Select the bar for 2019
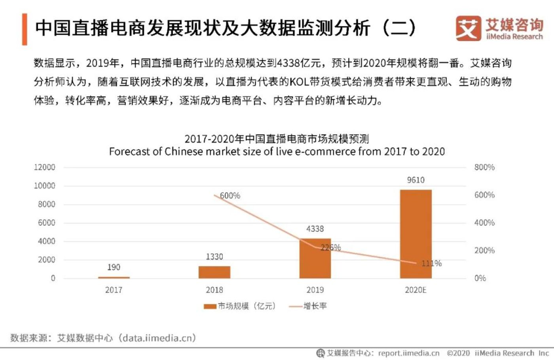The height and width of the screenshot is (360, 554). click(x=315, y=259)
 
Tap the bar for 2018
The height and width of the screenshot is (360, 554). click(x=214, y=272)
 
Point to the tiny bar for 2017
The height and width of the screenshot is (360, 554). click(x=114, y=277)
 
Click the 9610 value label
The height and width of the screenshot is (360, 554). click(x=415, y=180)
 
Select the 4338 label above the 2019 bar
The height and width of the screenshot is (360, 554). click(x=315, y=229)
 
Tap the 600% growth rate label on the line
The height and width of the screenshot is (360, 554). click(x=230, y=195)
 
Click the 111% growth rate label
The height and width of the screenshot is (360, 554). click(x=431, y=263)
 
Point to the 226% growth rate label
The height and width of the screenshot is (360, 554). click(x=330, y=247)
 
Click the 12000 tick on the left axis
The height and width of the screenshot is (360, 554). click(x=44, y=167)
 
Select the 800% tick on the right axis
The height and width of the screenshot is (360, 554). click(x=484, y=167)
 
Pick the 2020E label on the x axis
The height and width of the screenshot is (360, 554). click(x=415, y=290)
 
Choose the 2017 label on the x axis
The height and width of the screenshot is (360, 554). click(x=114, y=290)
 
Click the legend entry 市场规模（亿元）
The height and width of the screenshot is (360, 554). click(x=240, y=306)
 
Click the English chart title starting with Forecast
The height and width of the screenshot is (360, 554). click(x=277, y=152)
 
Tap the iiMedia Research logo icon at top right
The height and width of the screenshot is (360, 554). click(x=468, y=28)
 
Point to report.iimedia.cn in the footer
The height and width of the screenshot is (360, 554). click(x=408, y=353)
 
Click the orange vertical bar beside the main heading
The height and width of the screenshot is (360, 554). click(x=25, y=29)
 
